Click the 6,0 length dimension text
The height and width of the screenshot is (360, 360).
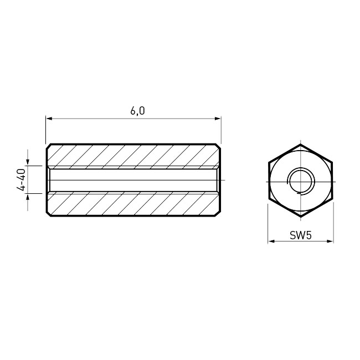pyautogui.click(x=137, y=111)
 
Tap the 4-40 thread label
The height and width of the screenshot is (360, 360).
pyautogui.click(x=21, y=179)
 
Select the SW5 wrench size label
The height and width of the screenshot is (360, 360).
pyautogui.click(x=301, y=235)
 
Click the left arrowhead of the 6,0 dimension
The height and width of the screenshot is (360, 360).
pyautogui.click(x=49, y=119)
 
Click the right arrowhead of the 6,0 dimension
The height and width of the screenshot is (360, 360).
pyautogui.click(x=218, y=119)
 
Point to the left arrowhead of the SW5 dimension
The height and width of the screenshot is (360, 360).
pyautogui.click(x=271, y=241)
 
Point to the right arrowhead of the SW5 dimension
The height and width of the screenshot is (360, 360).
pyautogui.click(x=330, y=241)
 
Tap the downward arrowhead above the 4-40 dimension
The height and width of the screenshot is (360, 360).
pyautogui.click(x=28, y=162)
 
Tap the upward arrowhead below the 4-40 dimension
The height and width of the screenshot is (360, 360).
pyautogui.click(x=28, y=197)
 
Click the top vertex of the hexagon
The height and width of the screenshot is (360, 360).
pyautogui.click(x=301, y=145)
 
